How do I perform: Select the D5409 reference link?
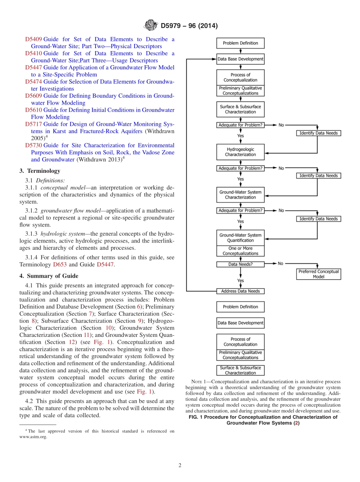point(33,39)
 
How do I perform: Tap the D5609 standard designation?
point(33,96)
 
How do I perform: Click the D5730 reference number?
point(33,146)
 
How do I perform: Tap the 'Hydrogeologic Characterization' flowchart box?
point(240,152)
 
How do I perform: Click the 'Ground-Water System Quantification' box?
point(240,238)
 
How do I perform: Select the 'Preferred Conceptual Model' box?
point(318,274)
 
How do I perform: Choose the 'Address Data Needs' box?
point(240,291)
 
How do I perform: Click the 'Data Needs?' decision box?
point(240,264)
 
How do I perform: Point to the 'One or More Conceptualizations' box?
point(240,251)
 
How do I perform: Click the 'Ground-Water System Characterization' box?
point(240,195)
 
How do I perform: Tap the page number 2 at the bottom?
point(180,466)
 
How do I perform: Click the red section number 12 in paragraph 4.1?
point(72,342)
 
